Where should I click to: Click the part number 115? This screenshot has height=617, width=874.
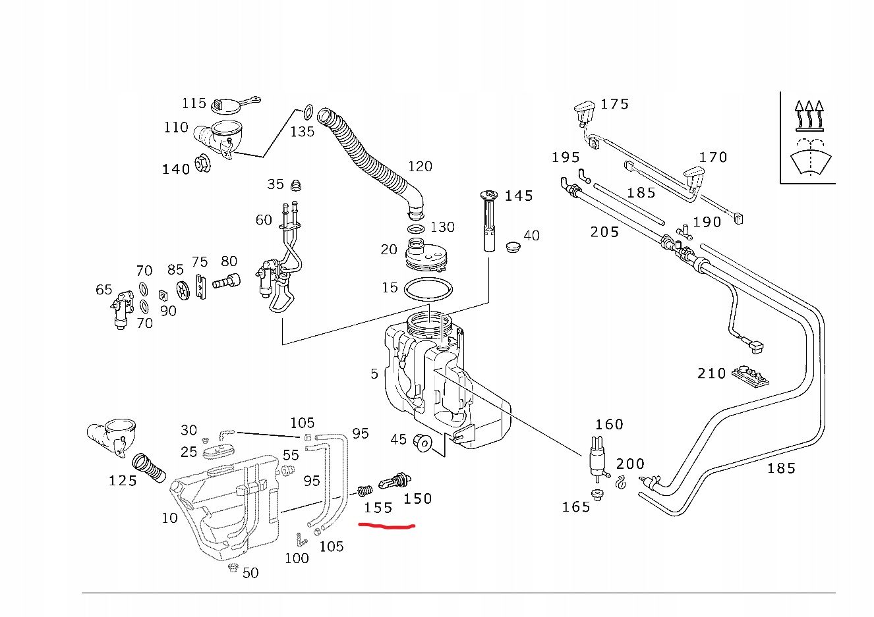[x=194, y=103]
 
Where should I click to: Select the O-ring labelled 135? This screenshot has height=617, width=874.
[x=308, y=109]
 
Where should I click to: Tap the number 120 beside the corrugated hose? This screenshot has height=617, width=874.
[x=420, y=166]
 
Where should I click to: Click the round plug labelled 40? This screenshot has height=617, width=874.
[x=511, y=248]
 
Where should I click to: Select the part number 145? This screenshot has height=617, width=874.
[x=518, y=196]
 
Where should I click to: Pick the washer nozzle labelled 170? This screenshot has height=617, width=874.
[x=694, y=176]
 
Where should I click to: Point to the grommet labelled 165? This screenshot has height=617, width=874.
[x=597, y=495]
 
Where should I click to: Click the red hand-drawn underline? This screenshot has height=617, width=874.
[x=386, y=526]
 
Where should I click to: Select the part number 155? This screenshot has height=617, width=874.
[x=378, y=508]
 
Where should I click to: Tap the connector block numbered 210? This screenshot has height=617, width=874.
[x=751, y=376]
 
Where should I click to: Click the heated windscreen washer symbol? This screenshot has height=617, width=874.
[x=808, y=138]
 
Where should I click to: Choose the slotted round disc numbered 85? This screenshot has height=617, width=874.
[x=183, y=290]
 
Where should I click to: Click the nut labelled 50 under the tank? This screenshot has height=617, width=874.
[x=231, y=568]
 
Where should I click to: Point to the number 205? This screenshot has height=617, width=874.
[x=604, y=232]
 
